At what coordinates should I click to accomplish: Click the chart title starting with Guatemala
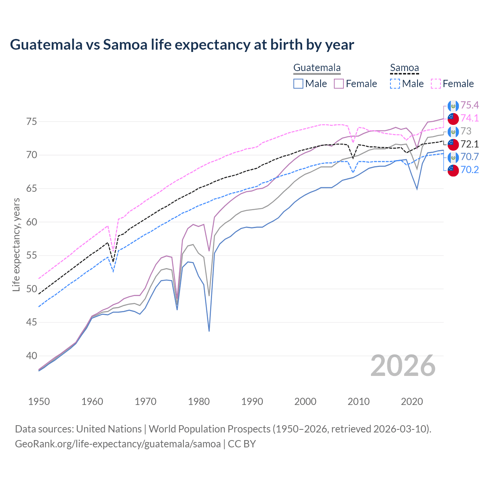182,45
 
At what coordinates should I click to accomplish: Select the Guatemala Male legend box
298,84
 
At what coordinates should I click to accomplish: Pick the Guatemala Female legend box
339,84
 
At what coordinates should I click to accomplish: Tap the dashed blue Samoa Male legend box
395,84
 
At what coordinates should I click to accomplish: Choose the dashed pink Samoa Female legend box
436,84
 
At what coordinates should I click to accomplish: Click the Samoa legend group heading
404,68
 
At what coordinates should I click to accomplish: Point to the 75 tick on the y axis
31,122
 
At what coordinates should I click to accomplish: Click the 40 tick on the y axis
31,356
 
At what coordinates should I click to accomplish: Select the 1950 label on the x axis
39,402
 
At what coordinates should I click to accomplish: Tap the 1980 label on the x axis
199,402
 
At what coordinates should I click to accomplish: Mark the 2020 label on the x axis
412,402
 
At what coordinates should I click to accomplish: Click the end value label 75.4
470,105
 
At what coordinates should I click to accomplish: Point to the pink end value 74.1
470,118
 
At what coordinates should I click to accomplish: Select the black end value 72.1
470,144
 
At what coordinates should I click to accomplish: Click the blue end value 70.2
470,170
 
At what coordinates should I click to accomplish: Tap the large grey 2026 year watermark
403,366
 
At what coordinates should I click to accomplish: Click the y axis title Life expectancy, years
16,244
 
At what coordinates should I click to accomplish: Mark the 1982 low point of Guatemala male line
209,331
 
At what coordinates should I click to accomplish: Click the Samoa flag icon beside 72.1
453,144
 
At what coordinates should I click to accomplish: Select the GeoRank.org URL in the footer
118,444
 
